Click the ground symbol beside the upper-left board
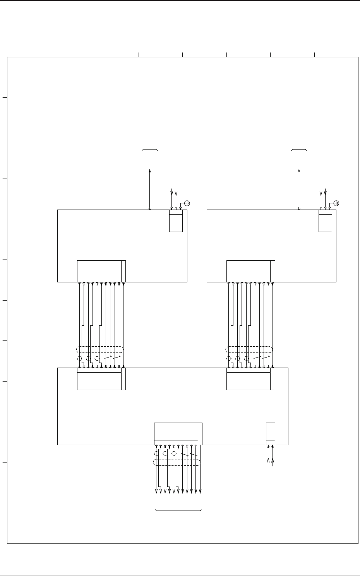(x=187, y=203)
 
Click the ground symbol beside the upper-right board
(x=336, y=203)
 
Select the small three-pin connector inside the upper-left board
(x=176, y=221)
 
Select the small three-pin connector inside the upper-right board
(x=325, y=221)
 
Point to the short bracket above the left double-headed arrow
(x=150, y=149)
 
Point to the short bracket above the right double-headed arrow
(x=299, y=149)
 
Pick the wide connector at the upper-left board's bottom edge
(x=101, y=271)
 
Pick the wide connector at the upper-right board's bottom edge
(x=251, y=271)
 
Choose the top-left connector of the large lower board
(x=101, y=379)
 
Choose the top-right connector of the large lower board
(x=251, y=379)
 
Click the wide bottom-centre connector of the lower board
(x=178, y=434)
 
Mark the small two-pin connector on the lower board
(x=271, y=434)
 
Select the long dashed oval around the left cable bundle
(x=100, y=349)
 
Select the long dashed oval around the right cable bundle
(x=249, y=349)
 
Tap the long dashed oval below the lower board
(x=177, y=462)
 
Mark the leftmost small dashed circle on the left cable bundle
(x=80, y=358)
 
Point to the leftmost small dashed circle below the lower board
(x=156, y=454)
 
